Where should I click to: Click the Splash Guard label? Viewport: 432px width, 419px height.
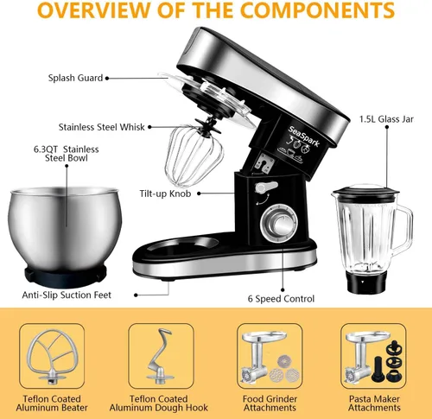75,78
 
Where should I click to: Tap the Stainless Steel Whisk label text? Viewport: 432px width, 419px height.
102,127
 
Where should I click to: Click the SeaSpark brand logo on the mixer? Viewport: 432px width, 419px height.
304,136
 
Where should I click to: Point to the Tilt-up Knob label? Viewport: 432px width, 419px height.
165,194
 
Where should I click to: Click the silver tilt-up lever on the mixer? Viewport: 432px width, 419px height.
266,187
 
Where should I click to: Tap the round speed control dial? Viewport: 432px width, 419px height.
279,223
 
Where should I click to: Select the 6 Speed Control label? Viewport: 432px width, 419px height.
281,299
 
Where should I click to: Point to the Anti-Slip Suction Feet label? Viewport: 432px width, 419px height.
67,295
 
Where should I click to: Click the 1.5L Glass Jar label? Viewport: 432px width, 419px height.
386,119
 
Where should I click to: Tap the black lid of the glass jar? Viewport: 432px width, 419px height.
365,191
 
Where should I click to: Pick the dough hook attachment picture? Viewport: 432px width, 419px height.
160,356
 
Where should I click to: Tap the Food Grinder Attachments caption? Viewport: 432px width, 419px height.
270,403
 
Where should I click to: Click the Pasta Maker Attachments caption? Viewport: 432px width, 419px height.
374,403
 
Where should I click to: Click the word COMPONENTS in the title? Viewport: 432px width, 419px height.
317,10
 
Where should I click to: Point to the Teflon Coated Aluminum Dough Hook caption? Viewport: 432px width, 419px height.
159,403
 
